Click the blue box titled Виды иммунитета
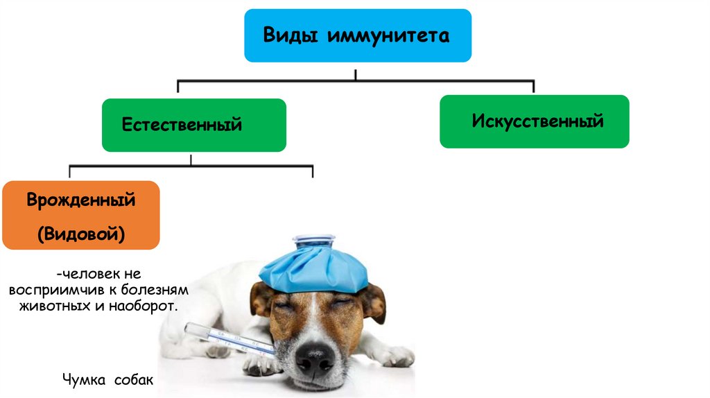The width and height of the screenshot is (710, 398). [x=357, y=35]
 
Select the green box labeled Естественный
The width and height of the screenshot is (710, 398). [x=193, y=125]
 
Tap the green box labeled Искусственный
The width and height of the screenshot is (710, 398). [x=534, y=121]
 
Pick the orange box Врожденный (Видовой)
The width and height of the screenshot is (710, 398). [x=80, y=215]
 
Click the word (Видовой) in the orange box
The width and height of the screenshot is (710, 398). [x=81, y=234]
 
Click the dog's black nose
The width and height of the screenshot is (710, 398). [x=315, y=360]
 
